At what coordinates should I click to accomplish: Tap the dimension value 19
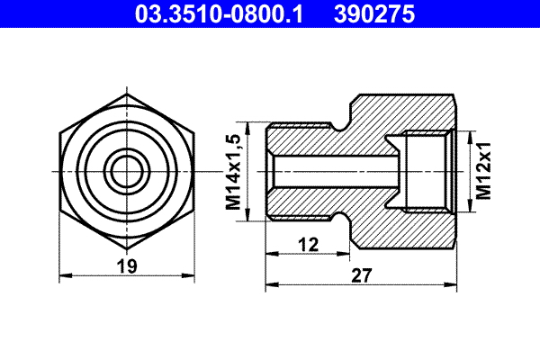pos(126,265)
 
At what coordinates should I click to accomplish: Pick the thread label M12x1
pos(484,171)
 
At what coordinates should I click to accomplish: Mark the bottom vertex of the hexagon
pos(126,248)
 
